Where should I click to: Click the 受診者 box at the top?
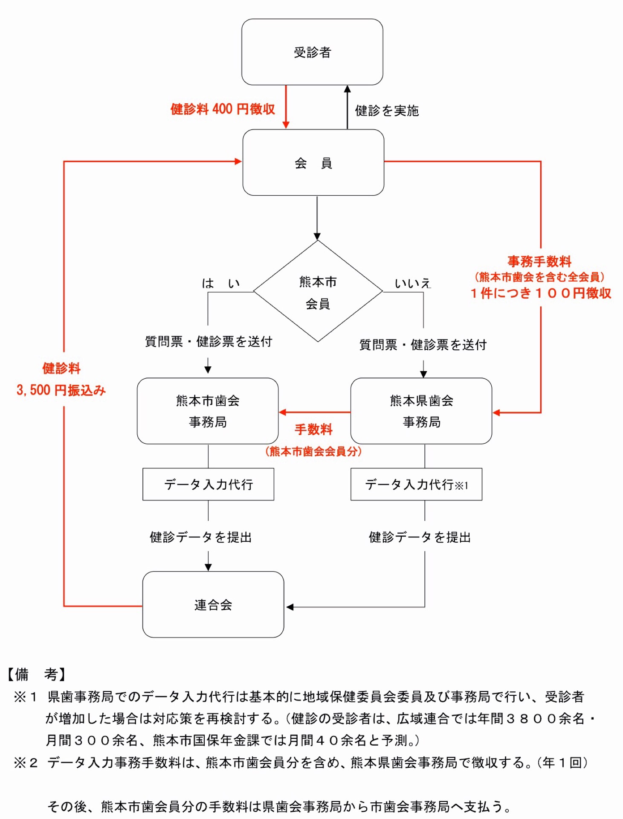pyautogui.click(x=312, y=52)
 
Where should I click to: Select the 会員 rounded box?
pyautogui.click(x=313, y=163)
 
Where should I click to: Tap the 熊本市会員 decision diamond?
pyautogui.click(x=318, y=292)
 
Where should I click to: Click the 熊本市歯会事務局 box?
pyautogui.click(x=208, y=411)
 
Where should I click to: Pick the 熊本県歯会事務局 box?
pyautogui.click(x=421, y=411)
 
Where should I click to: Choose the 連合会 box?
pyautogui.click(x=213, y=604)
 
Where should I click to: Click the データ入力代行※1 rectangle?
pyautogui.click(x=416, y=484)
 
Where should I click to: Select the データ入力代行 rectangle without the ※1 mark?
pyautogui.click(x=208, y=484)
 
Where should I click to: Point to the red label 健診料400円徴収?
pyautogui.click(x=223, y=109)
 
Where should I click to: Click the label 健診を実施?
pyautogui.click(x=387, y=111)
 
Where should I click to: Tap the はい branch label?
pyautogui.click(x=221, y=283)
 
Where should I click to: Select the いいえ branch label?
pyautogui.click(x=412, y=283)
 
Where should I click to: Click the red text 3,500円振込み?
pyautogui.click(x=61, y=390)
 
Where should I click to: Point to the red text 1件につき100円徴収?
pyautogui.click(x=541, y=293)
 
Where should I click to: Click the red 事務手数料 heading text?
pyautogui.click(x=539, y=261)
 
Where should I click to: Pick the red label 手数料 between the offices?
pyautogui.click(x=313, y=429)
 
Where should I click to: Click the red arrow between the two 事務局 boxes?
pyautogui.click(x=314, y=412)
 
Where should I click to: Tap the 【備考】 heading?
pyautogui.click(x=37, y=674)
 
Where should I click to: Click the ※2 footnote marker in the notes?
pyautogui.click(x=26, y=762)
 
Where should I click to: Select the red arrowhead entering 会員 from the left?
pyautogui.click(x=238, y=161)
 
